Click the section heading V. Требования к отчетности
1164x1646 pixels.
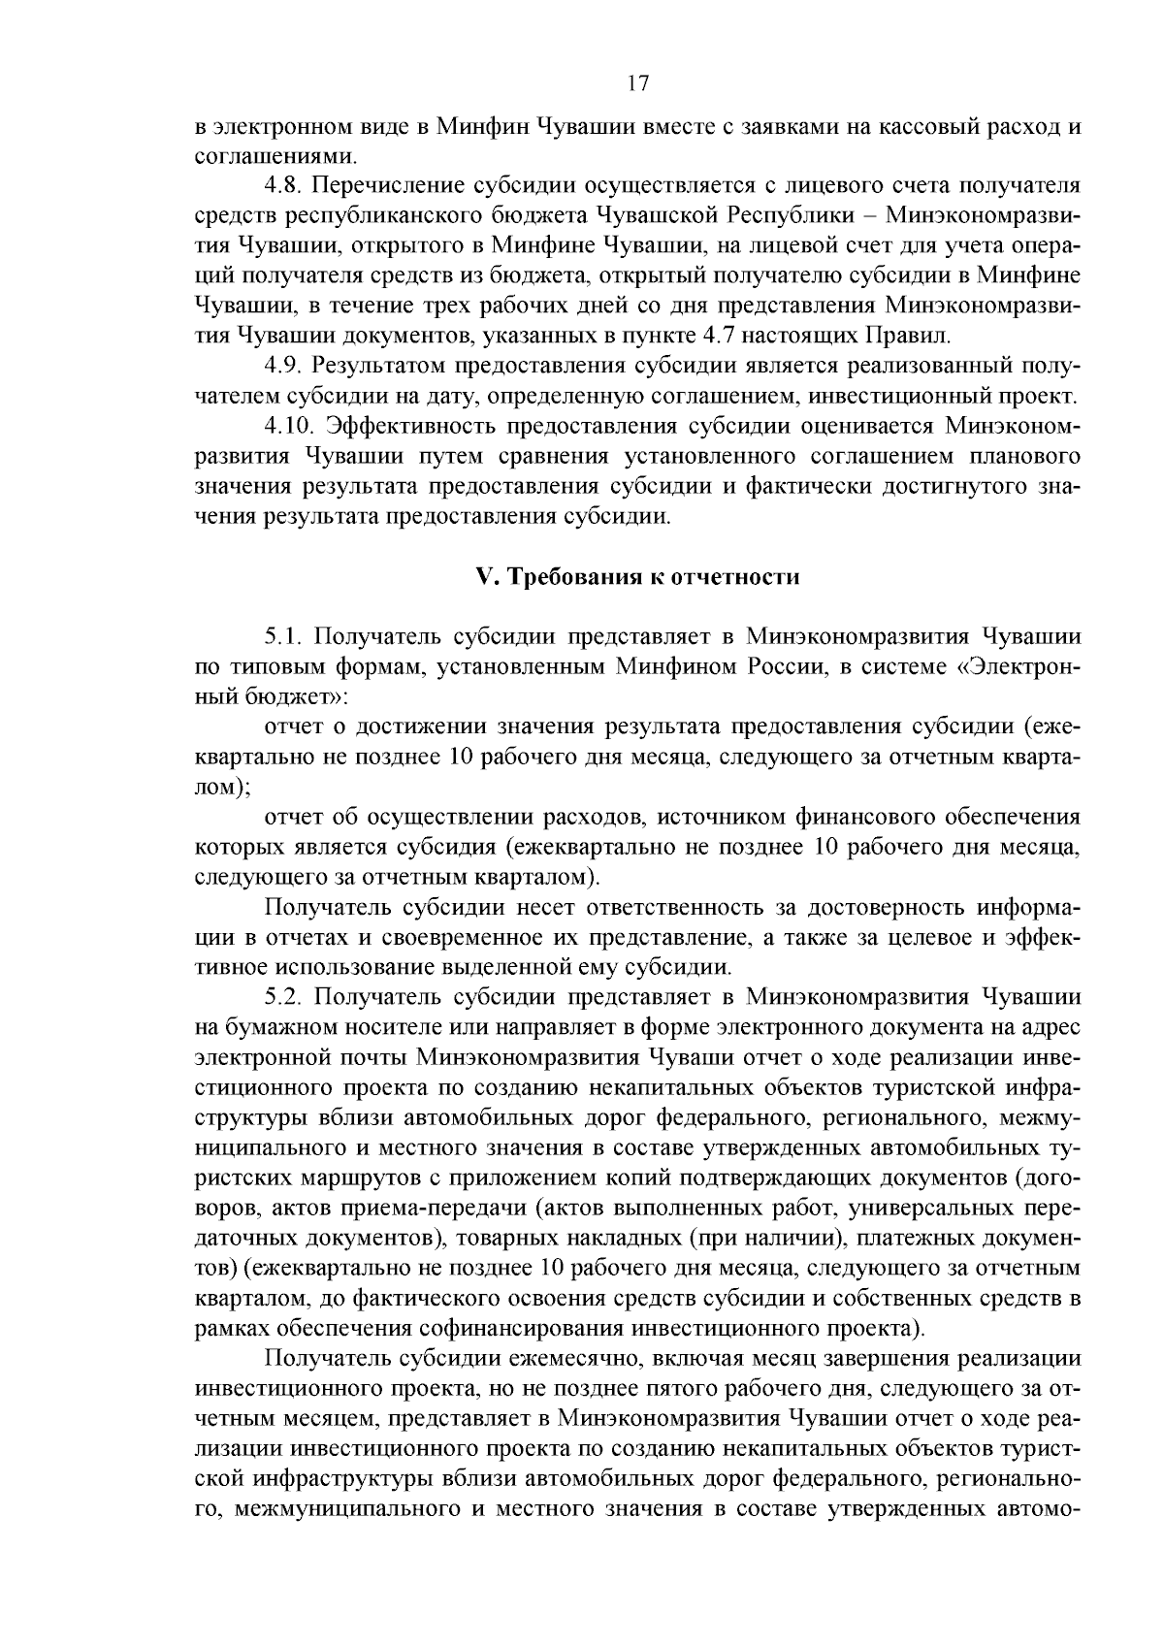click(637, 577)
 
